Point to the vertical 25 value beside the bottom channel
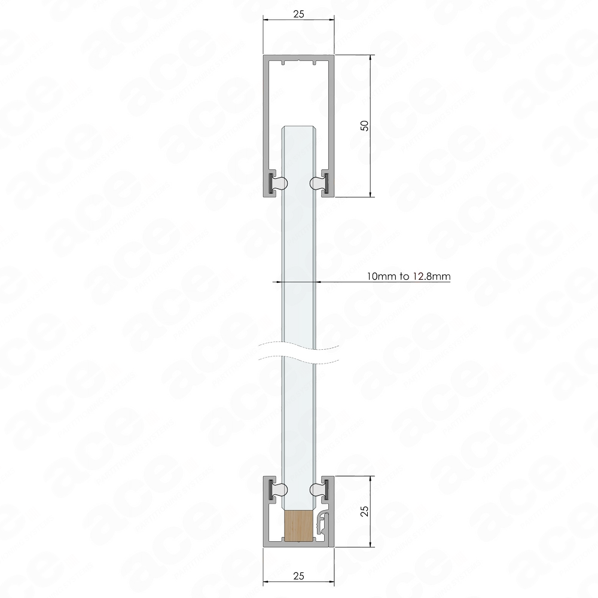point(364,509)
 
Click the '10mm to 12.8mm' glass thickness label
point(408,277)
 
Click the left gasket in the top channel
point(276,181)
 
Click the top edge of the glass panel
point(298,127)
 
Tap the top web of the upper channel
point(298,57)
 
